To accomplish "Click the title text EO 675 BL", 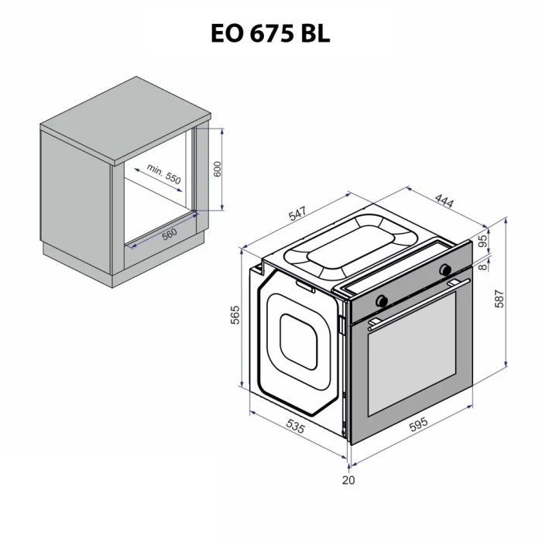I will point(270,33).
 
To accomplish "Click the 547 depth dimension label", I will point(297,215).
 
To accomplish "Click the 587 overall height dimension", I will point(500,297).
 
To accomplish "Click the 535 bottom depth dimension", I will point(295,425).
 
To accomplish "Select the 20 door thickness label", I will point(348,480).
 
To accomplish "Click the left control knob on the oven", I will point(382,300).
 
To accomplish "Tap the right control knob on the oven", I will point(445,269).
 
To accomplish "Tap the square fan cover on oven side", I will point(298,340).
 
